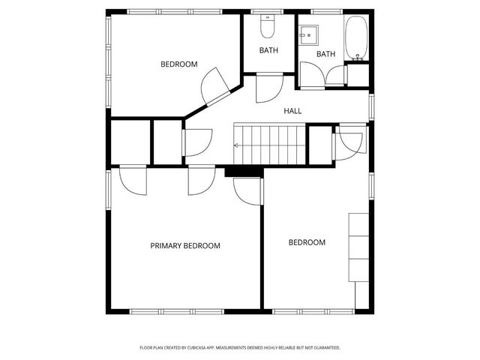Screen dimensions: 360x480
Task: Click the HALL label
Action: (x=292, y=111)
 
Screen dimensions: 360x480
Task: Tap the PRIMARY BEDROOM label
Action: (x=185, y=246)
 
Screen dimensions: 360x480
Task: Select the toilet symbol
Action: (x=268, y=28)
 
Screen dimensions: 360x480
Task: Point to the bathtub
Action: (x=355, y=37)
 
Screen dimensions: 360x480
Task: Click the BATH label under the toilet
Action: (x=268, y=51)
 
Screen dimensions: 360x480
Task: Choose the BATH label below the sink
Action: (x=325, y=54)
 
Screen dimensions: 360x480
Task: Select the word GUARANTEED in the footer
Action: (x=326, y=348)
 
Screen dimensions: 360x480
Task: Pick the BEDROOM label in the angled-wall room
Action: (x=179, y=64)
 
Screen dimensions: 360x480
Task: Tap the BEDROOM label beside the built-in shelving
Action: (x=307, y=242)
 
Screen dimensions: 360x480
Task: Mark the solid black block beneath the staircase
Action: (x=244, y=172)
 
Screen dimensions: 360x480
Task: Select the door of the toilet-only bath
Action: (x=268, y=86)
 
